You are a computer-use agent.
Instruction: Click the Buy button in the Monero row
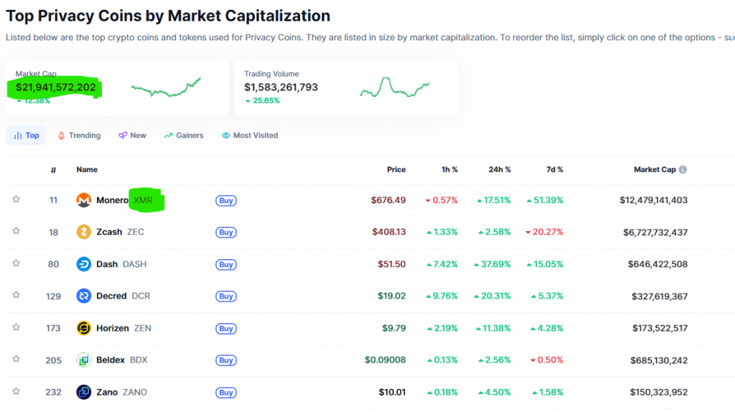click(x=226, y=201)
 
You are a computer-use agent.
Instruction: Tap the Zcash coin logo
click(x=84, y=232)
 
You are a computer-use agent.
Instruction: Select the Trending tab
click(x=79, y=135)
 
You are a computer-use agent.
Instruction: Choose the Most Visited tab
click(x=250, y=135)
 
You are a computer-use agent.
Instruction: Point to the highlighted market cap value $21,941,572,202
click(x=56, y=88)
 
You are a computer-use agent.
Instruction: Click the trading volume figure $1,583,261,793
click(x=281, y=88)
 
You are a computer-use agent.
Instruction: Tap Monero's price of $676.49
click(x=388, y=200)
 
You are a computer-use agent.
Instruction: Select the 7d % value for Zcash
click(x=544, y=232)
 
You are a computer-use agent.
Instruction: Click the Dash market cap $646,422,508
click(x=653, y=264)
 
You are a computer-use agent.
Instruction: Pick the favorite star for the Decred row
click(x=16, y=295)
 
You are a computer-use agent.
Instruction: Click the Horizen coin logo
click(x=84, y=328)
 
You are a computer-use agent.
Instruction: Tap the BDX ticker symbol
click(x=139, y=360)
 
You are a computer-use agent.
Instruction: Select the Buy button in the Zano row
click(x=226, y=393)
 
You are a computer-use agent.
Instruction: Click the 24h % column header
click(x=500, y=169)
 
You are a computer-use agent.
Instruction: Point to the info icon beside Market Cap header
click(x=683, y=169)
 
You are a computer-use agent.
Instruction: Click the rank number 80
click(x=54, y=264)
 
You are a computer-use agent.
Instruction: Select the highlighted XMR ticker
click(x=144, y=200)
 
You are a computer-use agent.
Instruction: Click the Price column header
click(x=396, y=169)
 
